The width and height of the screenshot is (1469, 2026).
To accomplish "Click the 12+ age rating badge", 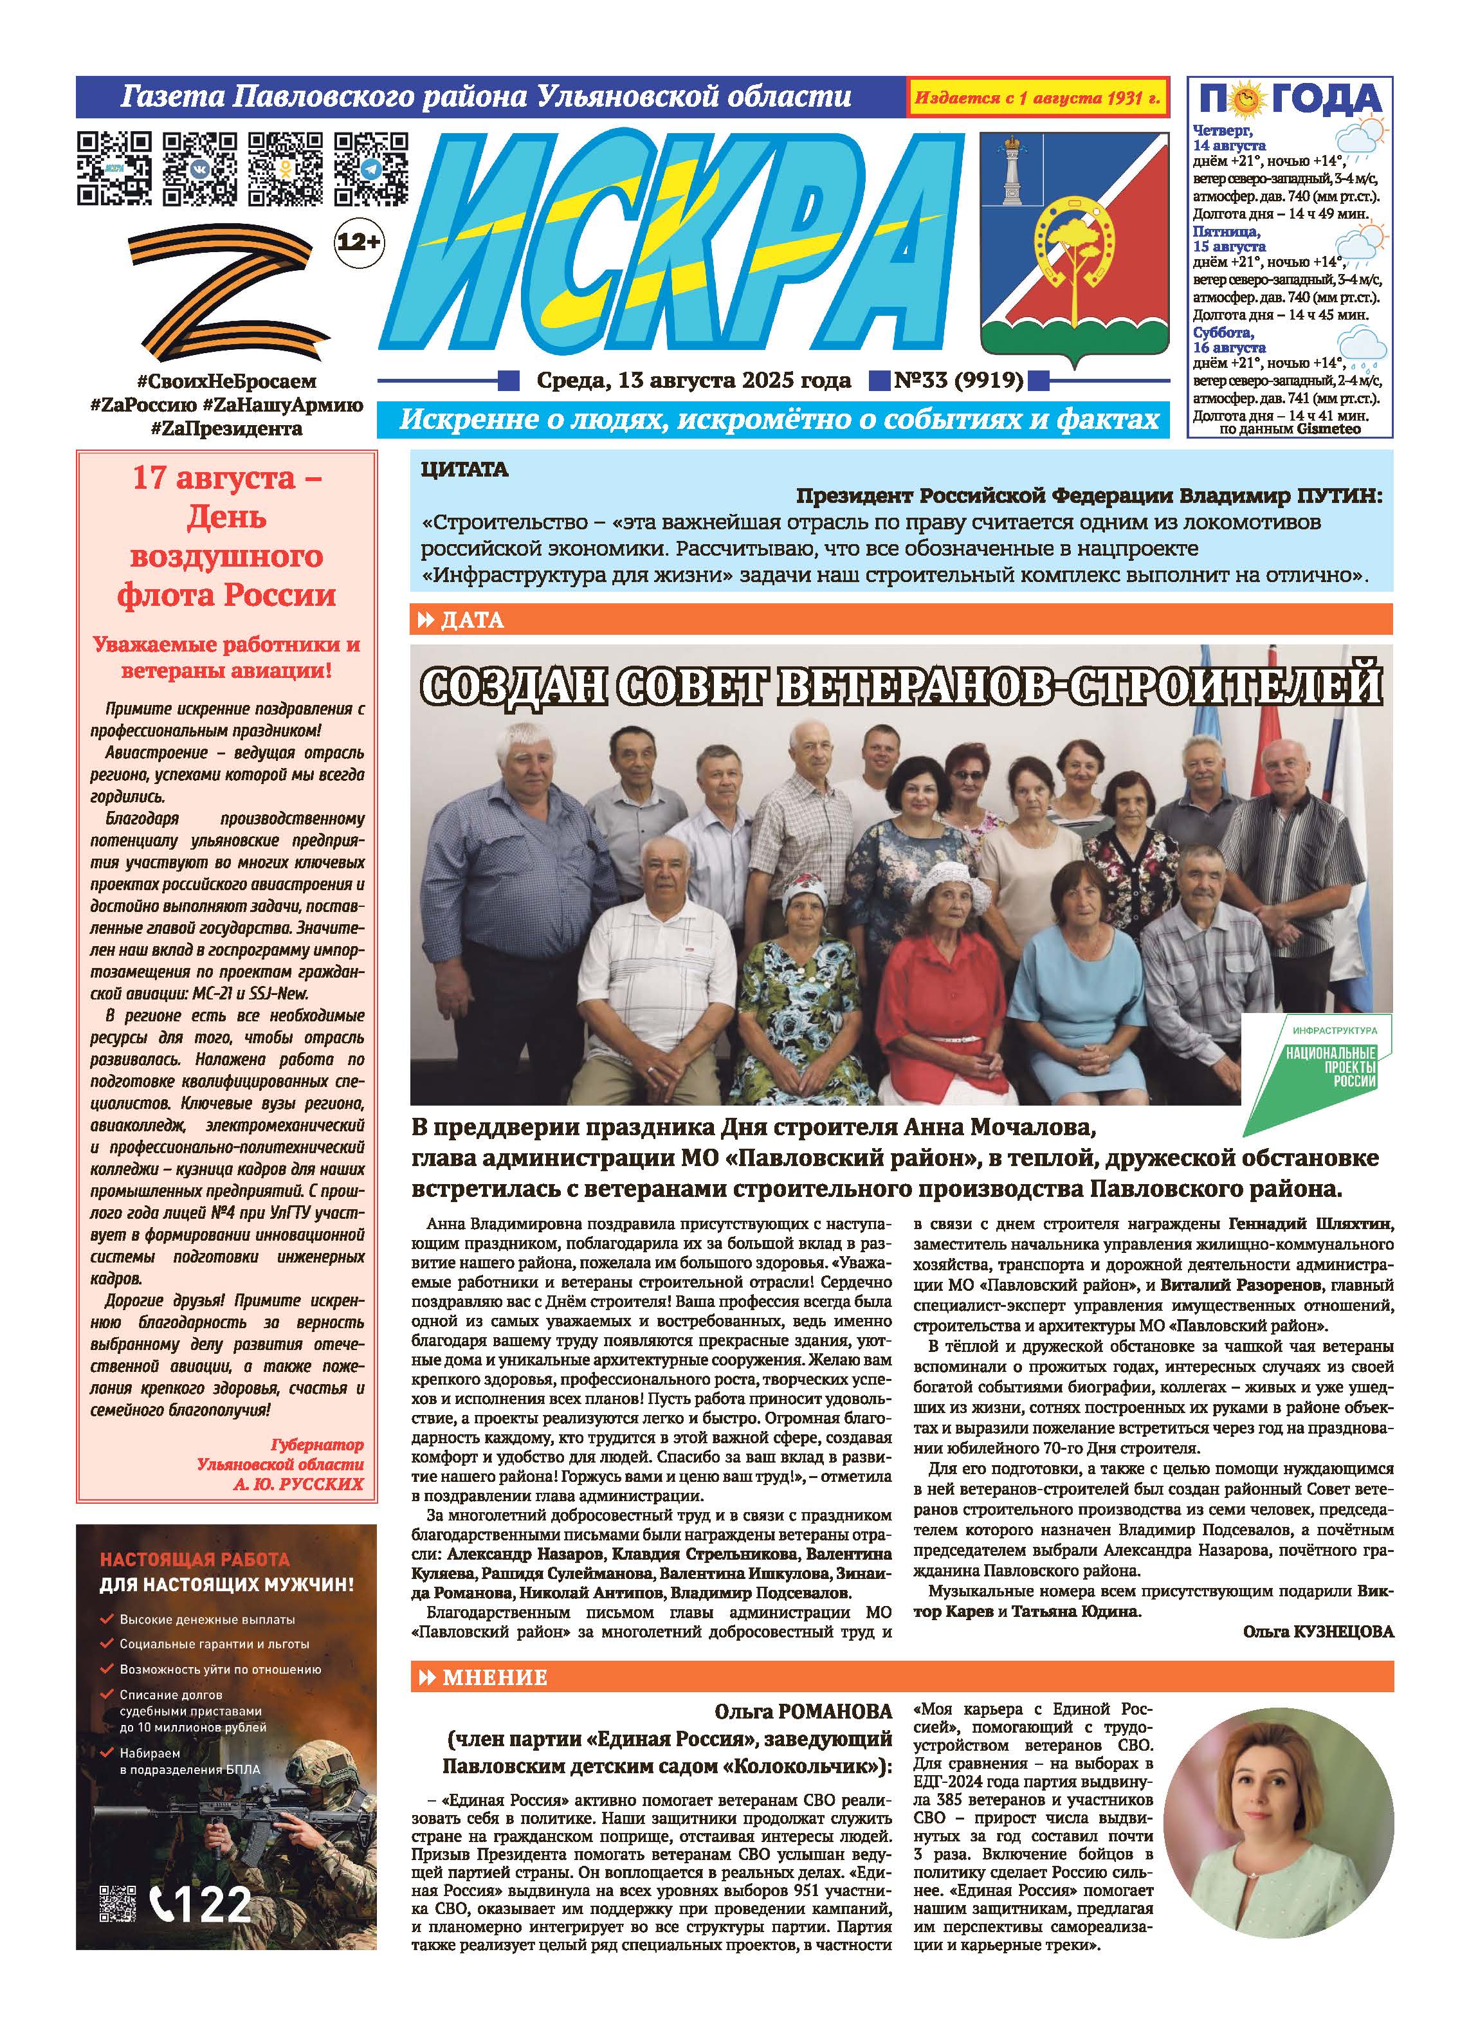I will tap(358, 241).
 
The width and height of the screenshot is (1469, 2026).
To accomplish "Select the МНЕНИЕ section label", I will tap(493, 1677).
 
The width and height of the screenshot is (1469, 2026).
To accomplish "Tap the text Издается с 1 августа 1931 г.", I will tap(1037, 98).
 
